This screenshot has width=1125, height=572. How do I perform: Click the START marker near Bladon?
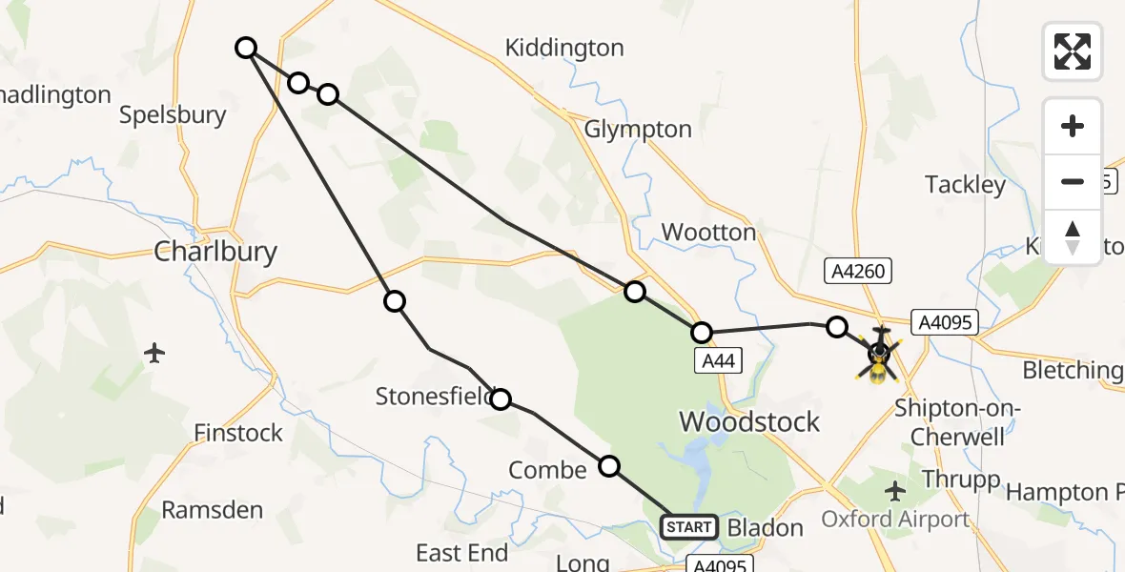(x=689, y=527)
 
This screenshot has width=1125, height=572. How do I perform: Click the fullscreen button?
(x=1073, y=51)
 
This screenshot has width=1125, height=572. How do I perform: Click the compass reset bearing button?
(x=1073, y=237)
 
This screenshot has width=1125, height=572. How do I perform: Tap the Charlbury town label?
(x=215, y=252)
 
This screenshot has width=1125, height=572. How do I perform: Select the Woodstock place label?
(x=748, y=421)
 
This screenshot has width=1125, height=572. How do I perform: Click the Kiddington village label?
(x=564, y=48)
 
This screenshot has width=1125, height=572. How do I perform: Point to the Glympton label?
(x=638, y=129)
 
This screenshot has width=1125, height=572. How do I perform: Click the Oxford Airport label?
(x=895, y=520)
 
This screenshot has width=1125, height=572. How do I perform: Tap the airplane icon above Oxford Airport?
(x=894, y=491)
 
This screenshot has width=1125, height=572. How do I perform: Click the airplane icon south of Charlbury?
(x=155, y=353)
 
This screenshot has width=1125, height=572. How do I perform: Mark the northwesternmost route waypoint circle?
(x=246, y=48)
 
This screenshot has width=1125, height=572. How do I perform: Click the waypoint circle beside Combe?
(x=609, y=466)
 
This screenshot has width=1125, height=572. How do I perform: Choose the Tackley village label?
(x=966, y=184)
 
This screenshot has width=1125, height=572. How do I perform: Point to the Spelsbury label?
(x=173, y=115)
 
